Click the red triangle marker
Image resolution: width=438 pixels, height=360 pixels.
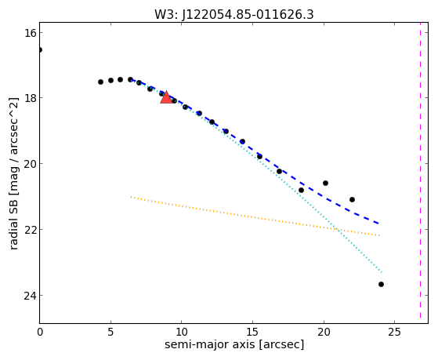click(x=166, y=97)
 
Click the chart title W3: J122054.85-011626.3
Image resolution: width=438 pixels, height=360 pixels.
click(x=234, y=15)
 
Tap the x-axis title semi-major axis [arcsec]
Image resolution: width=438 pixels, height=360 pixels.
click(x=234, y=344)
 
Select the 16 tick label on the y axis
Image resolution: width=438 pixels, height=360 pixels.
click(x=30, y=33)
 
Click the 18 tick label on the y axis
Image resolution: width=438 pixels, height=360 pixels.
click(x=30, y=98)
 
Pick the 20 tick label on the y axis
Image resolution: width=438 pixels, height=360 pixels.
click(x=30, y=164)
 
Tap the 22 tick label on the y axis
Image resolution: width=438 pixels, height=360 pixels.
click(x=30, y=229)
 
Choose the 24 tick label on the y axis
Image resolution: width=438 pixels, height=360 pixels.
click(x=30, y=296)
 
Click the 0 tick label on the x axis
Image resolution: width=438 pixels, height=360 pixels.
click(x=40, y=333)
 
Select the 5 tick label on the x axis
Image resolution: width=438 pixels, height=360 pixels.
click(x=111, y=333)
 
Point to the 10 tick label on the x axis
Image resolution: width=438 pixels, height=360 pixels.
click(x=182, y=333)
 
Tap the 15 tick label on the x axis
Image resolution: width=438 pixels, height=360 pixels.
click(x=252, y=333)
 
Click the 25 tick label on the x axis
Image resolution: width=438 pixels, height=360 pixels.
click(x=394, y=333)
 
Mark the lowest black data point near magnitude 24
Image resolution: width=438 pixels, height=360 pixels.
click(x=381, y=284)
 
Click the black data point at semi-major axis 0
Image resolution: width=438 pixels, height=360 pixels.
click(x=40, y=49)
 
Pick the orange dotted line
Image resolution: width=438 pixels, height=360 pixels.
click(x=255, y=216)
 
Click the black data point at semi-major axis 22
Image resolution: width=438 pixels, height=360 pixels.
click(x=352, y=199)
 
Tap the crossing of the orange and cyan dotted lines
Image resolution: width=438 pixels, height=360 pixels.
click(x=337, y=230)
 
